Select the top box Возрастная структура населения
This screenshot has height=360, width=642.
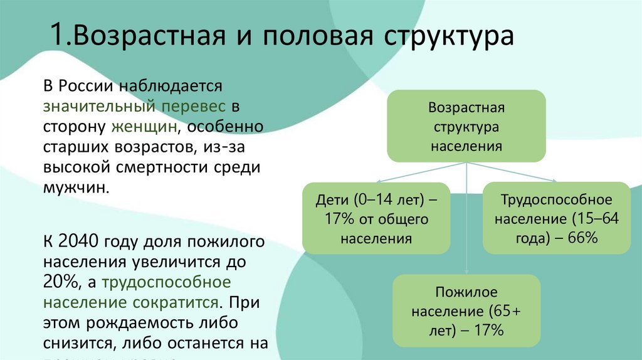tap(466, 126)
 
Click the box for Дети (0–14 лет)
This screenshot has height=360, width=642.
tap(376, 218)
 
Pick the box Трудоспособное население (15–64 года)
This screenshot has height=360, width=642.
tap(556, 218)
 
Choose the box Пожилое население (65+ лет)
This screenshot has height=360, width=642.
tap(466, 310)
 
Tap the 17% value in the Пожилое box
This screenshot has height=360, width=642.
tap(488, 330)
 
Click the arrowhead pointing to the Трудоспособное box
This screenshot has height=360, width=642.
tap(551, 181)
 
